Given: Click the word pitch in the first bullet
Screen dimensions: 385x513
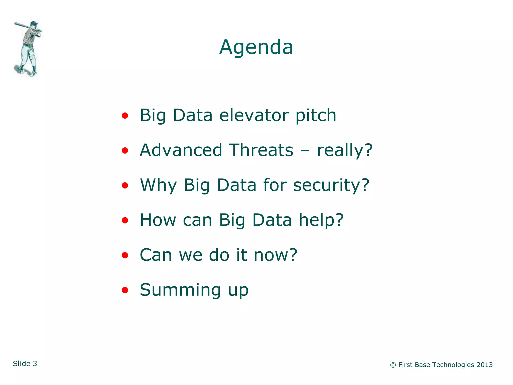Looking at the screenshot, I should [x=316, y=116].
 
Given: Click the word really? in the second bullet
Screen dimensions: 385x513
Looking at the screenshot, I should [x=345, y=150].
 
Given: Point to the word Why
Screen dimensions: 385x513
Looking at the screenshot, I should [x=158, y=185].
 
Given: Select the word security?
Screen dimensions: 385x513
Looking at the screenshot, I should [x=331, y=185].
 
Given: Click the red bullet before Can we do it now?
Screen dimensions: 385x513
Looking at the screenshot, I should [x=125, y=255].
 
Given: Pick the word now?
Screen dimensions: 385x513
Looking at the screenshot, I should [x=275, y=255].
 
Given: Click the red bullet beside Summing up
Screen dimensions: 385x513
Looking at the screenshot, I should [x=125, y=290].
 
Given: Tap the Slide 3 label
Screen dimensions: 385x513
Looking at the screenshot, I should [x=25, y=363].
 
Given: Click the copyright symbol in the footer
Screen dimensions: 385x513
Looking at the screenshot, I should [x=393, y=365].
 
